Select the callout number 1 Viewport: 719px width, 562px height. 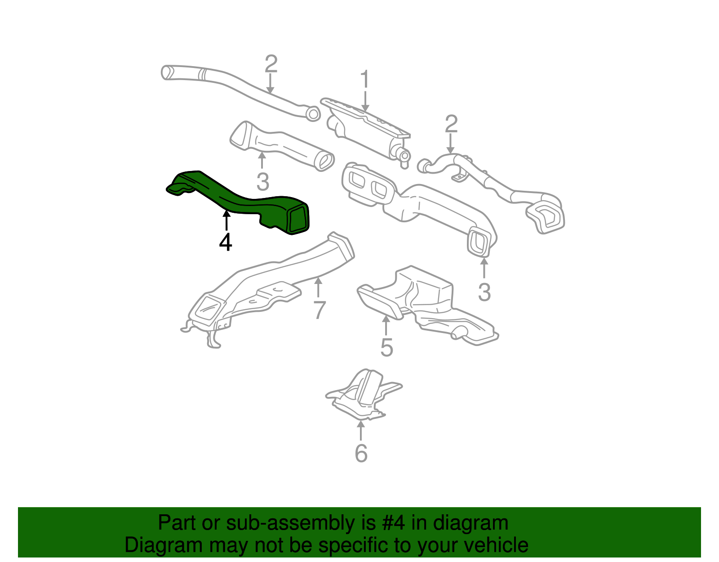pos(365,80)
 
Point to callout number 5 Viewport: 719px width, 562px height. pos(386,347)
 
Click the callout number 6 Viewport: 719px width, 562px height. pos(361,453)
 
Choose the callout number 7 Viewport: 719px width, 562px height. pos(319,310)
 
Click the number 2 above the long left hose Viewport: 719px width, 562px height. pos(271,64)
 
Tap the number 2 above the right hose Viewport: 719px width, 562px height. pos(451,124)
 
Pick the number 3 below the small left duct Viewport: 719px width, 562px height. pos(263,182)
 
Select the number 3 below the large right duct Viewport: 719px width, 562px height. pos(484,292)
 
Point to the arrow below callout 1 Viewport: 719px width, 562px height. pos(365,101)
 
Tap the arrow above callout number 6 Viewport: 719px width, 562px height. pos(360,430)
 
